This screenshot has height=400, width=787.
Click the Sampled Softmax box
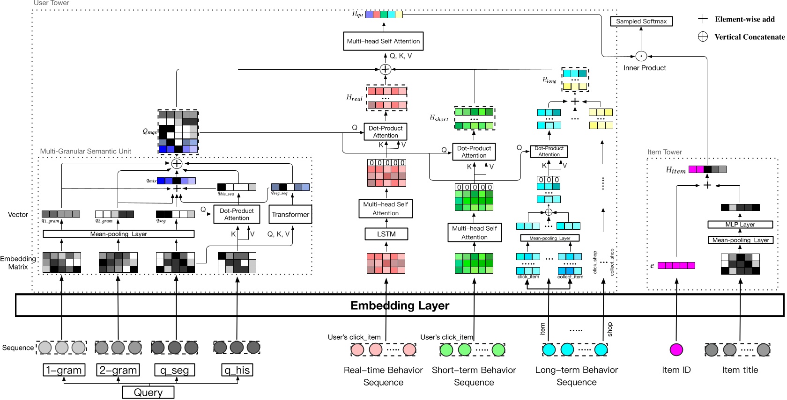641,22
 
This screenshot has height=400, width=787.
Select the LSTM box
386,234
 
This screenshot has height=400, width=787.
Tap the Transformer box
290,215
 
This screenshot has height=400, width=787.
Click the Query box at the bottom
148,393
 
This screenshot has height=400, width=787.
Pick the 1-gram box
64,370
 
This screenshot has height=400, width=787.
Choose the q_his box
237,370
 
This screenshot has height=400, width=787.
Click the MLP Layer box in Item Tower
740,225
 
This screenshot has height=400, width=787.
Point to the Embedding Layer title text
400,305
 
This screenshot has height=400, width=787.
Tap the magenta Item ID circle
676,349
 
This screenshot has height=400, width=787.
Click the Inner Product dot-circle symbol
641,56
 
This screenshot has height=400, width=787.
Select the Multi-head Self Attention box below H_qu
383,41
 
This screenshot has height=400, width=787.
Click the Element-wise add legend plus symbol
703,19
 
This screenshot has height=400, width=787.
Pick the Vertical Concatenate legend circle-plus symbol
703,37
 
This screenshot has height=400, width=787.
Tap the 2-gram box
118,370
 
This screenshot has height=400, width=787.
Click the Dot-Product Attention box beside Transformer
237,214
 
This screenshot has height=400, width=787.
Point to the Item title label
740,370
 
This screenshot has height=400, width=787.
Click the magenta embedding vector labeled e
676,266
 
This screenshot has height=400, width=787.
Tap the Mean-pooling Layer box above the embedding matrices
119,234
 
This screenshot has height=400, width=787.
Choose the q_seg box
175,370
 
